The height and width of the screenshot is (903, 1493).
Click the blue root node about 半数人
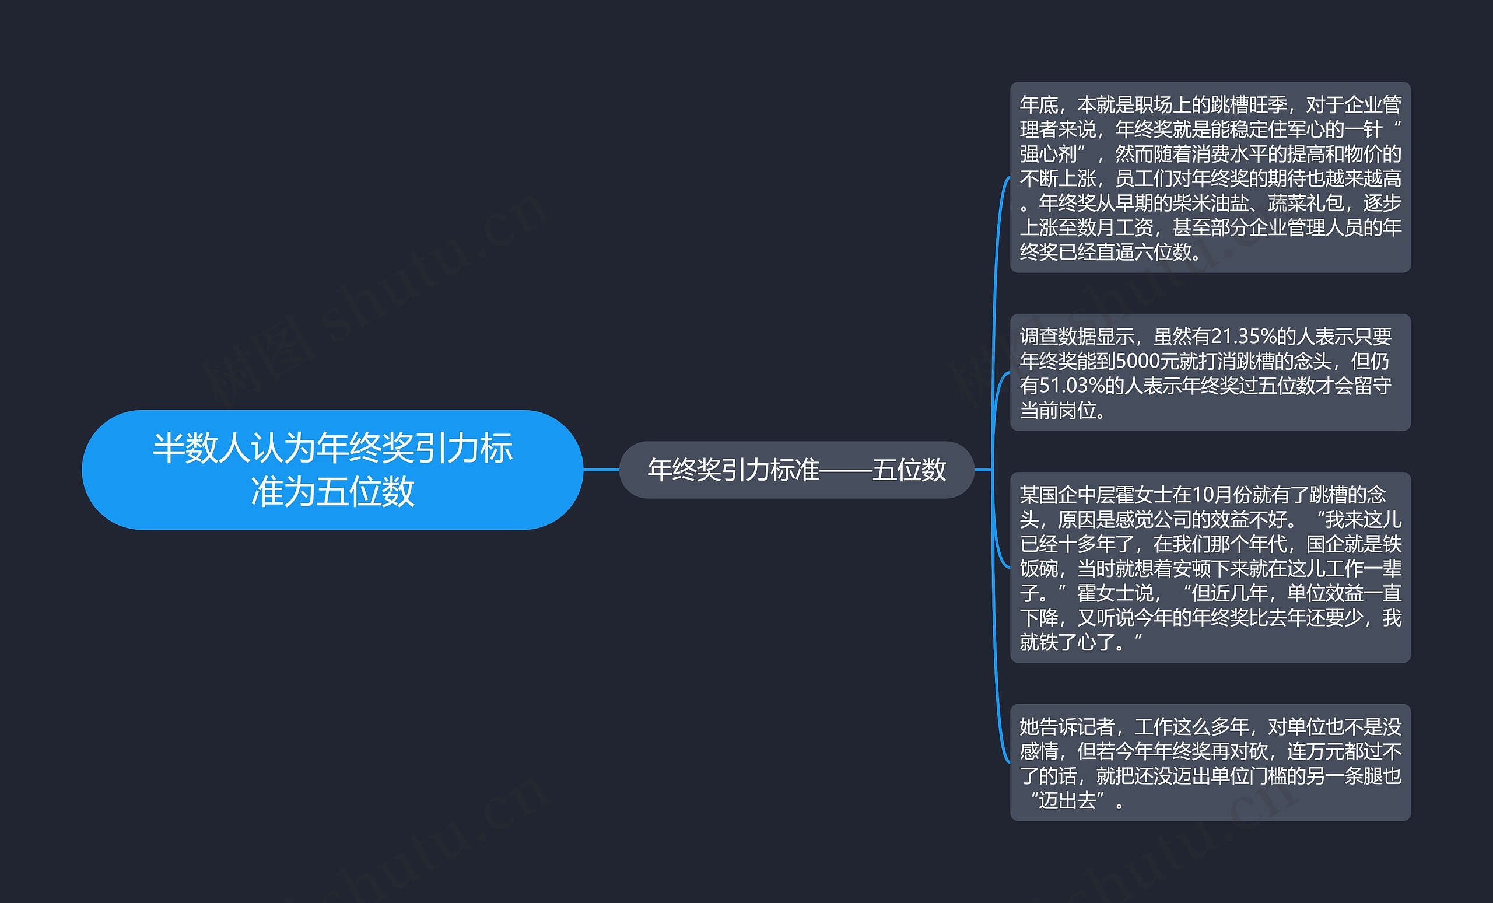332,469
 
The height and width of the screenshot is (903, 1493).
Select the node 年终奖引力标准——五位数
795,470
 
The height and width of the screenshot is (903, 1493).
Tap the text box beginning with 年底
1210,177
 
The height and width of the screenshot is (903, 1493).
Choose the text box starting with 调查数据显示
1210,372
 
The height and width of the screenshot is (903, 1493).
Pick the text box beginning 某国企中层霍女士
1210,567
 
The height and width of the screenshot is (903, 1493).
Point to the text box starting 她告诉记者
1210,762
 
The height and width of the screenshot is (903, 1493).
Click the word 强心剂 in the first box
1048,154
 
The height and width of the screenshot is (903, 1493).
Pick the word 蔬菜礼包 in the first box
1305,202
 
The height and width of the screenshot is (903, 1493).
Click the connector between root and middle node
601,470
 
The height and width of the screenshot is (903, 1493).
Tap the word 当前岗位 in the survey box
1058,410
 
